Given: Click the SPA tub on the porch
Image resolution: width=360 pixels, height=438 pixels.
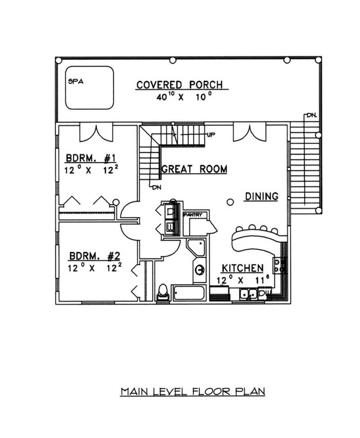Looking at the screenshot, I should pyautogui.click(x=89, y=88).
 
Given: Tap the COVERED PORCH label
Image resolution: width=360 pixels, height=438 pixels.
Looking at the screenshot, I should pyautogui.click(x=180, y=85).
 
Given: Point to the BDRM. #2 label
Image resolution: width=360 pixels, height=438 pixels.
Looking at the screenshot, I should pyautogui.click(x=94, y=256).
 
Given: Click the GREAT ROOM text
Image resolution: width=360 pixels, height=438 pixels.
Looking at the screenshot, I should pyautogui.click(x=194, y=169).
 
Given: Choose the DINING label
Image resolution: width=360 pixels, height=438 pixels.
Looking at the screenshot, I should pyautogui.click(x=261, y=196).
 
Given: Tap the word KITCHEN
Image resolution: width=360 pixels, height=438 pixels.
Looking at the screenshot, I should pyautogui.click(x=242, y=268).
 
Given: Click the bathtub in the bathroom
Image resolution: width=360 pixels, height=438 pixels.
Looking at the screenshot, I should pyautogui.click(x=189, y=293).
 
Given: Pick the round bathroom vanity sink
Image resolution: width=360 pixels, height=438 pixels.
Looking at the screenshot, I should pyautogui.click(x=199, y=270).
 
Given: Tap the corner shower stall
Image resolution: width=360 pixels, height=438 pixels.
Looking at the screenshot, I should pyautogui.click(x=197, y=248).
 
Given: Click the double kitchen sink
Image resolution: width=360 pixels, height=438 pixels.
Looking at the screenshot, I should pyautogui.click(x=247, y=294).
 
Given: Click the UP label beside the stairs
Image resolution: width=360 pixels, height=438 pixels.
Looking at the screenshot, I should pyautogui.click(x=210, y=134).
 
